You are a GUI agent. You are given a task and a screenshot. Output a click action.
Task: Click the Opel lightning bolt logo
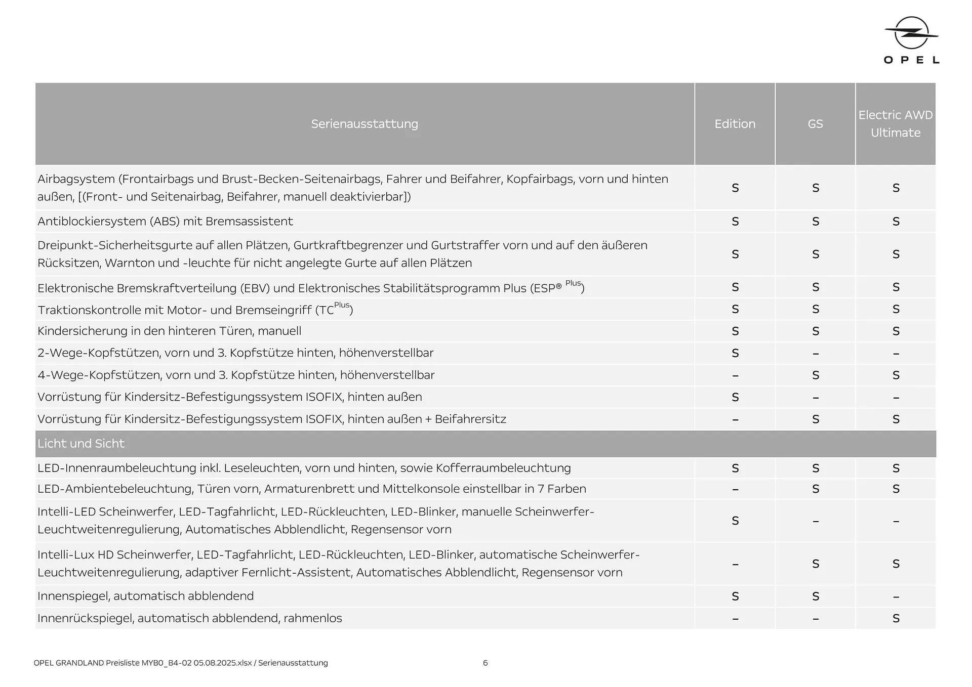[x=911, y=33]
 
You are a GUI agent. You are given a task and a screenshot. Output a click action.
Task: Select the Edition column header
[x=735, y=124]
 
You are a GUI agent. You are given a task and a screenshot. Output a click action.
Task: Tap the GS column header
[x=815, y=124]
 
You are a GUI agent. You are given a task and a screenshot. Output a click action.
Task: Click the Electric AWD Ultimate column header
[x=895, y=124]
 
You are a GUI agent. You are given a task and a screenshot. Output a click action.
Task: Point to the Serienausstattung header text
[x=364, y=124]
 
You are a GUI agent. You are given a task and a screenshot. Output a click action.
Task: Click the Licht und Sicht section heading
[x=81, y=444]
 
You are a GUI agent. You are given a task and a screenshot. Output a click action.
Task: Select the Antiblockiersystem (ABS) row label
[x=165, y=222]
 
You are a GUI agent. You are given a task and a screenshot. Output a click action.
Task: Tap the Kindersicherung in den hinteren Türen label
[x=169, y=331]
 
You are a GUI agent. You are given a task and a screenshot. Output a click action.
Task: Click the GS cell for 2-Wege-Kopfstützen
[x=815, y=354]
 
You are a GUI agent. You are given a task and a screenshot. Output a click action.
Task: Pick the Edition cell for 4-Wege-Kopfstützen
[x=735, y=376]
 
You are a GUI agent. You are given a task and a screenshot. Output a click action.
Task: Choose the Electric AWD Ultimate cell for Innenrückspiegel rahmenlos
[x=896, y=618]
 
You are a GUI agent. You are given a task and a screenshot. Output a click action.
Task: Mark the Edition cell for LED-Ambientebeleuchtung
[x=735, y=490]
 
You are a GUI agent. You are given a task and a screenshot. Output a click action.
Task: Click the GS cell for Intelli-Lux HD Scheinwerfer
[x=815, y=564]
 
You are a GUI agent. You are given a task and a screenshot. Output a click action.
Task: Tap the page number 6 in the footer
[x=485, y=663]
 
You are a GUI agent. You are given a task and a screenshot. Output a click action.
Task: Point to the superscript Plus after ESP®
[x=573, y=283]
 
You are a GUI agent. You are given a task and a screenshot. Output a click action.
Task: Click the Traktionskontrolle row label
[x=195, y=310]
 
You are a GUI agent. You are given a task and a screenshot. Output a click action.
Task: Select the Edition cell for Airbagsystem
[x=735, y=188]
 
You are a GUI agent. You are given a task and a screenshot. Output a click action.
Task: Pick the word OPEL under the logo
[x=911, y=60]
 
